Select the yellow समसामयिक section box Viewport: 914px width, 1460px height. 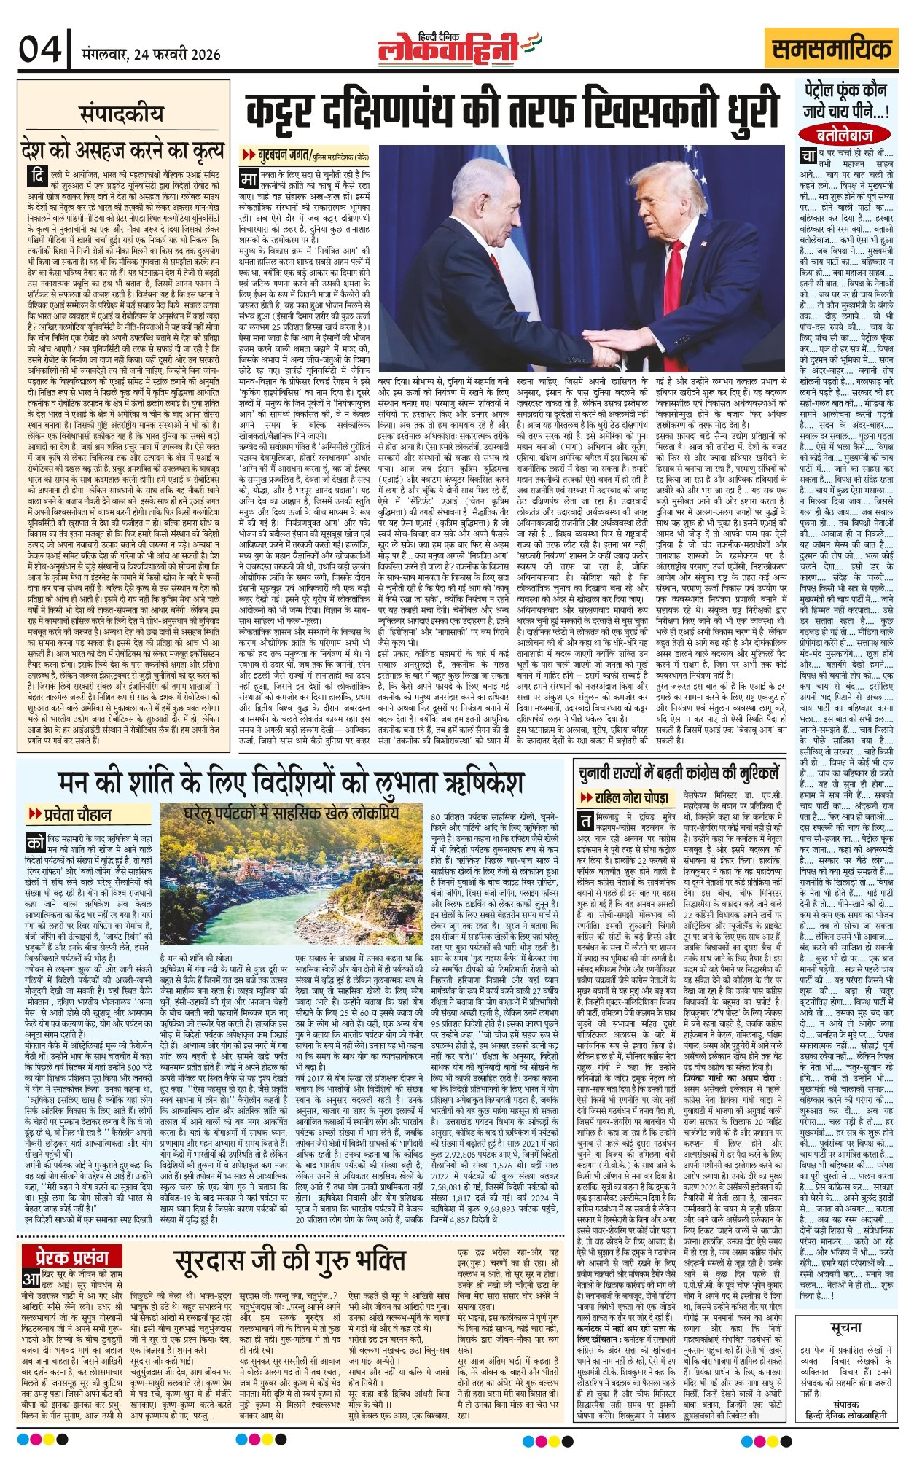tap(832, 50)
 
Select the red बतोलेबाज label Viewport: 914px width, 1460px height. tap(845, 134)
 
